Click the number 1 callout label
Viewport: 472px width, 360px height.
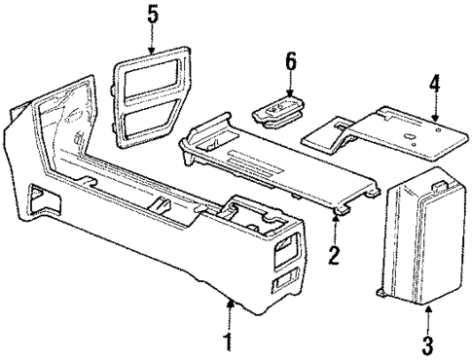[x=227, y=343]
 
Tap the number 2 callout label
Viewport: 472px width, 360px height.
[x=335, y=257]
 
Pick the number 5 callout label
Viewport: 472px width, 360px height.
[x=152, y=16]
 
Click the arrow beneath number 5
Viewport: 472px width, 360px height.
[x=152, y=40]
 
